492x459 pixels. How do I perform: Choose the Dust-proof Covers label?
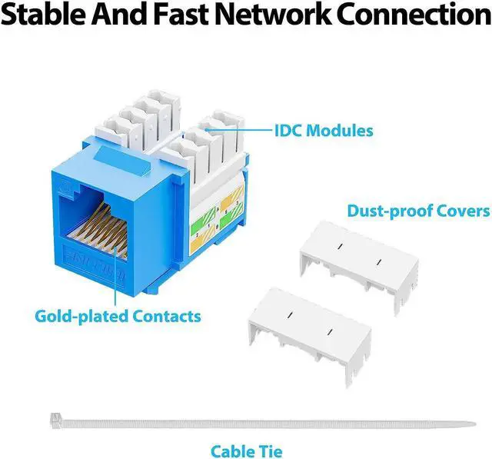point(418,211)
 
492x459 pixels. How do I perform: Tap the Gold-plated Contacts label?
point(118,315)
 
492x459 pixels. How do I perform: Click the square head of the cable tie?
point(55,418)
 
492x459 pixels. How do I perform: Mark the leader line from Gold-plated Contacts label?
point(118,269)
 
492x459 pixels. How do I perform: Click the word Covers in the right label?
point(463,211)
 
